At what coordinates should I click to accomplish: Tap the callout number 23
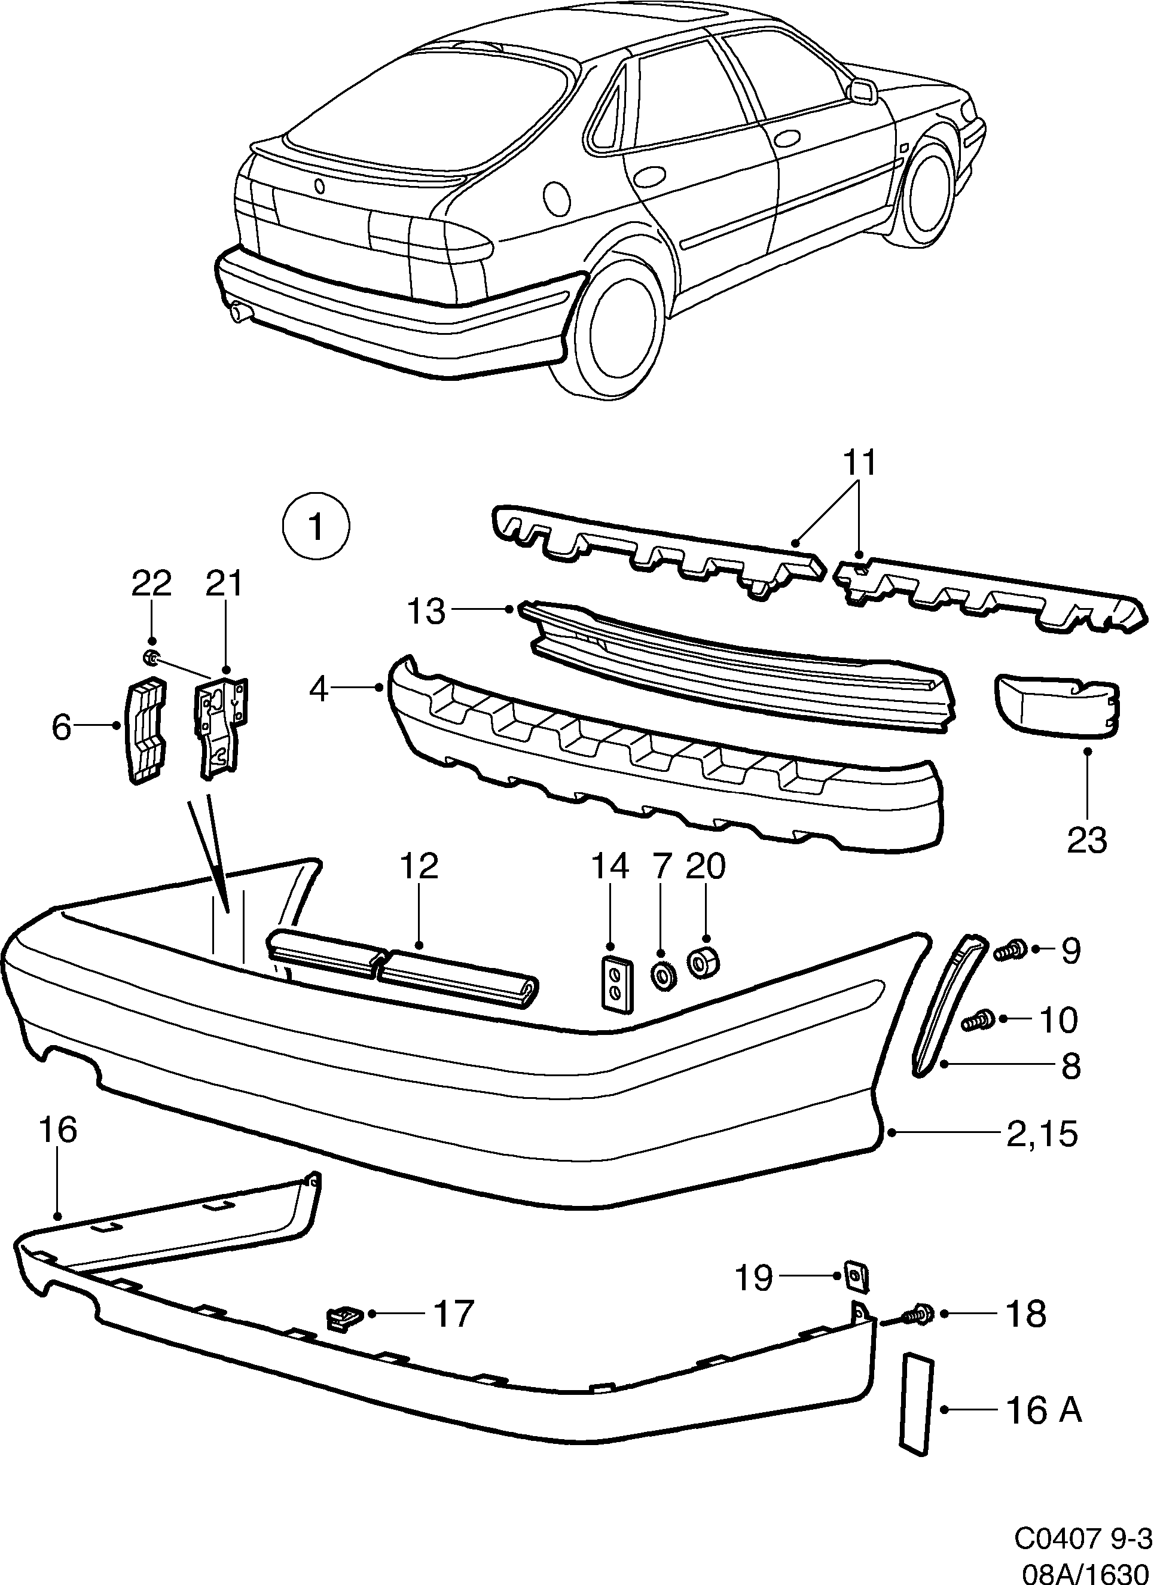tap(1087, 839)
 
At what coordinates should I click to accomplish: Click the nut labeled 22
tap(149, 657)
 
